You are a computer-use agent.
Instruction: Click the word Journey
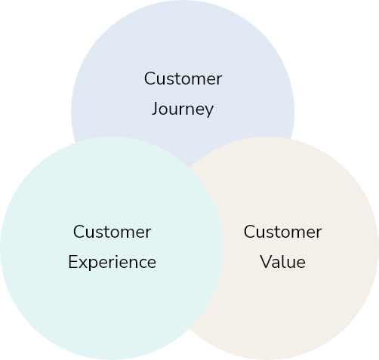click(183, 109)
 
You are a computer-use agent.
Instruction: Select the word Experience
click(112, 263)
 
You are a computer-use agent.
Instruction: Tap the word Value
click(283, 262)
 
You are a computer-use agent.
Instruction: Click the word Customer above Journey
click(183, 78)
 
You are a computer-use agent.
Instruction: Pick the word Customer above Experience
click(112, 232)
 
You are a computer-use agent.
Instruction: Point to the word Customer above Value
click(282, 232)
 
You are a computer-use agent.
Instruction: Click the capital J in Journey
click(155, 109)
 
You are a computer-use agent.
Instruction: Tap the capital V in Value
click(266, 262)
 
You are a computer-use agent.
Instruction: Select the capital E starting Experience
click(72, 262)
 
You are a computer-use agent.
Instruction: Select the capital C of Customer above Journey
click(149, 78)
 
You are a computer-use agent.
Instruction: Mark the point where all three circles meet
click(189, 168)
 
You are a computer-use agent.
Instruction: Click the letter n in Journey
click(188, 111)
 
